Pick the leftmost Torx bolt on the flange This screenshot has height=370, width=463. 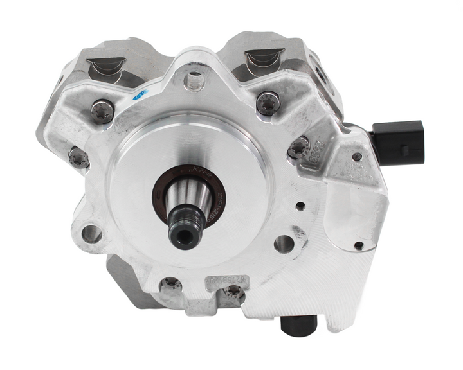click(x=78, y=157)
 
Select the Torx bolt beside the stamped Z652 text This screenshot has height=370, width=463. click(x=298, y=148)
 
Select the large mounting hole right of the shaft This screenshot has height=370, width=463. click(x=282, y=243)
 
